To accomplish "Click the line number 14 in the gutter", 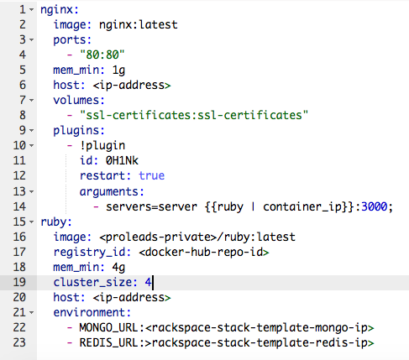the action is [19, 206].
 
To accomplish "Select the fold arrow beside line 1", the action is [32, 10].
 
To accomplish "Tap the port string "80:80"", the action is [102, 55].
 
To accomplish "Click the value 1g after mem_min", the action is [118, 70].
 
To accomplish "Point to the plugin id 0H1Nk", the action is [122, 160].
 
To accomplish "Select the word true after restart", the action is [152, 175].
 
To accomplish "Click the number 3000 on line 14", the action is [375, 206].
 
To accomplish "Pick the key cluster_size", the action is [92, 282].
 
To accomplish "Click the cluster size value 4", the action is [148, 282].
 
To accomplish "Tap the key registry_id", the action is [89, 253].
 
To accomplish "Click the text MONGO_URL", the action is [108, 327].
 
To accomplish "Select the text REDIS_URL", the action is [108, 342].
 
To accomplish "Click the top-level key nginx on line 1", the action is [56, 10].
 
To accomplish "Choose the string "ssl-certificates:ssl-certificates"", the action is [194, 115].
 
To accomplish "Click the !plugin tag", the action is [102, 146].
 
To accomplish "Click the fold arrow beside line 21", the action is [32, 312].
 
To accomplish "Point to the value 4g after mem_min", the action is [118, 268].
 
